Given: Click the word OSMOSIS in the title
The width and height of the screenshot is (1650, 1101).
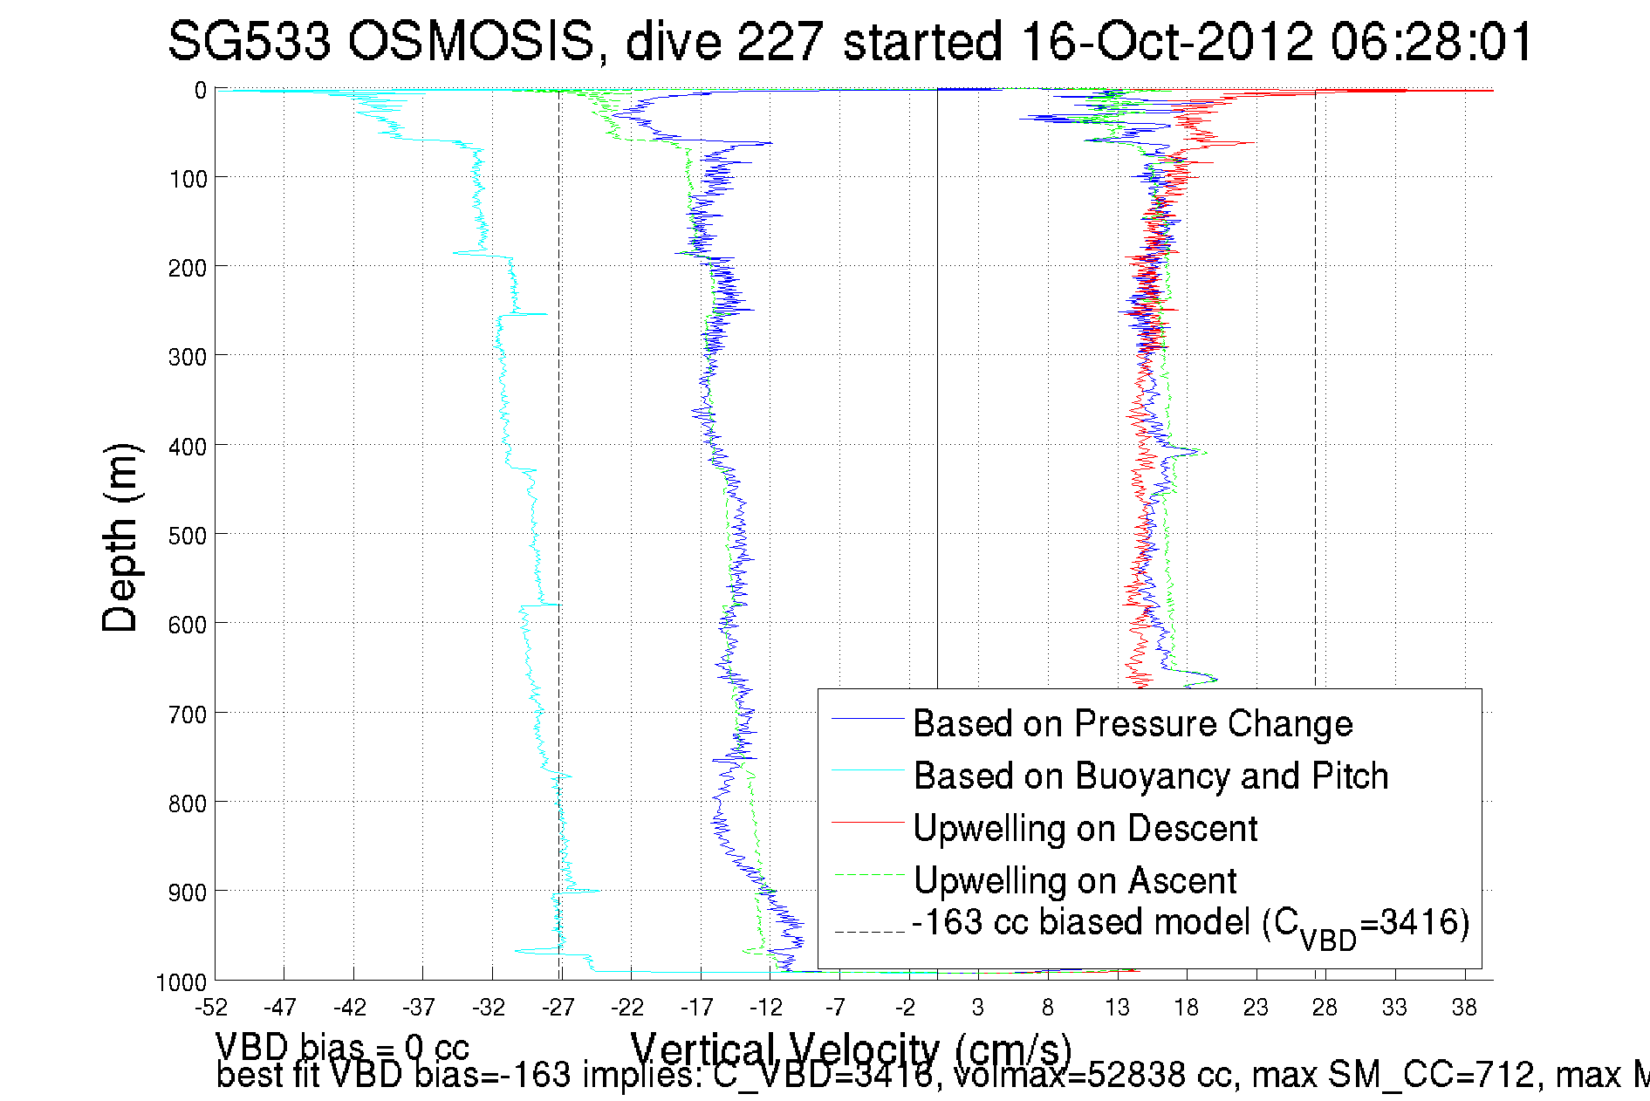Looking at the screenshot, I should [471, 42].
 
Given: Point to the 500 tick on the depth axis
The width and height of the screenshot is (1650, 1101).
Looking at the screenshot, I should [188, 535].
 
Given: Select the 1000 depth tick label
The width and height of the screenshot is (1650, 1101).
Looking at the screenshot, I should [181, 982].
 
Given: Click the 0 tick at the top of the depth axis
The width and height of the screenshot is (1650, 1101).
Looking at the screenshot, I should [201, 90].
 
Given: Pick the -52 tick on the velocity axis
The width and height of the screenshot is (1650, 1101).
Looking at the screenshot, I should [211, 1009].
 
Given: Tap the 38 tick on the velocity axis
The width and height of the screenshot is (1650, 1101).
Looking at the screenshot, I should [1464, 1009].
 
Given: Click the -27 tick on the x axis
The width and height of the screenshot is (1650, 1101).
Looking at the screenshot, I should [558, 1009].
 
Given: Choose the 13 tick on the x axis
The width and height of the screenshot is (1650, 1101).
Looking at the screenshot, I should [1117, 1009].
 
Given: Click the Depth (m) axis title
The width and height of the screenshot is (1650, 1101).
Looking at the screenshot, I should [120, 537].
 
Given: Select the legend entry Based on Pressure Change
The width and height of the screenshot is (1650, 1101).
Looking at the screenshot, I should [1133, 724].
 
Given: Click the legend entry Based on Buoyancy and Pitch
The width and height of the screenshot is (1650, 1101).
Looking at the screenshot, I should [1150, 776].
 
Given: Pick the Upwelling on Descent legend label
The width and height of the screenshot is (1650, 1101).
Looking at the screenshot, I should [1085, 829].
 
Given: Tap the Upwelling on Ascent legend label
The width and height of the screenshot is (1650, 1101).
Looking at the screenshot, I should [1074, 881].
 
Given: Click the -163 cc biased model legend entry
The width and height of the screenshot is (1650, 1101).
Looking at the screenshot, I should [1190, 925].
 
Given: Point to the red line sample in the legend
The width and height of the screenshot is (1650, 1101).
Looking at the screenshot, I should [867, 823].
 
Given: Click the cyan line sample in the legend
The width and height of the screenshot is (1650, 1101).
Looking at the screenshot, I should [867, 770].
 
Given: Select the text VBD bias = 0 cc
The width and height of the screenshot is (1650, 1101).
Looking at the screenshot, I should [342, 1047].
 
